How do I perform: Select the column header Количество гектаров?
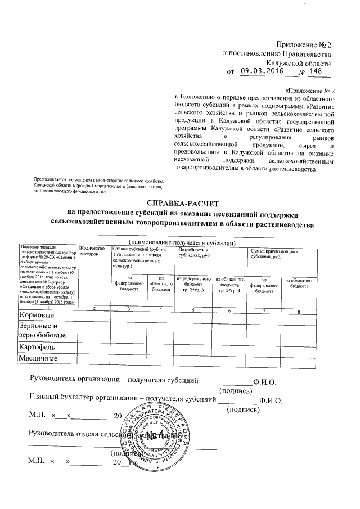pos(93,251)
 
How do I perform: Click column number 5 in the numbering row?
pos(192,309)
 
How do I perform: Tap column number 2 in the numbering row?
pos(94,309)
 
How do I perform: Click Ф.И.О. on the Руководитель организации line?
pos(264,381)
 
